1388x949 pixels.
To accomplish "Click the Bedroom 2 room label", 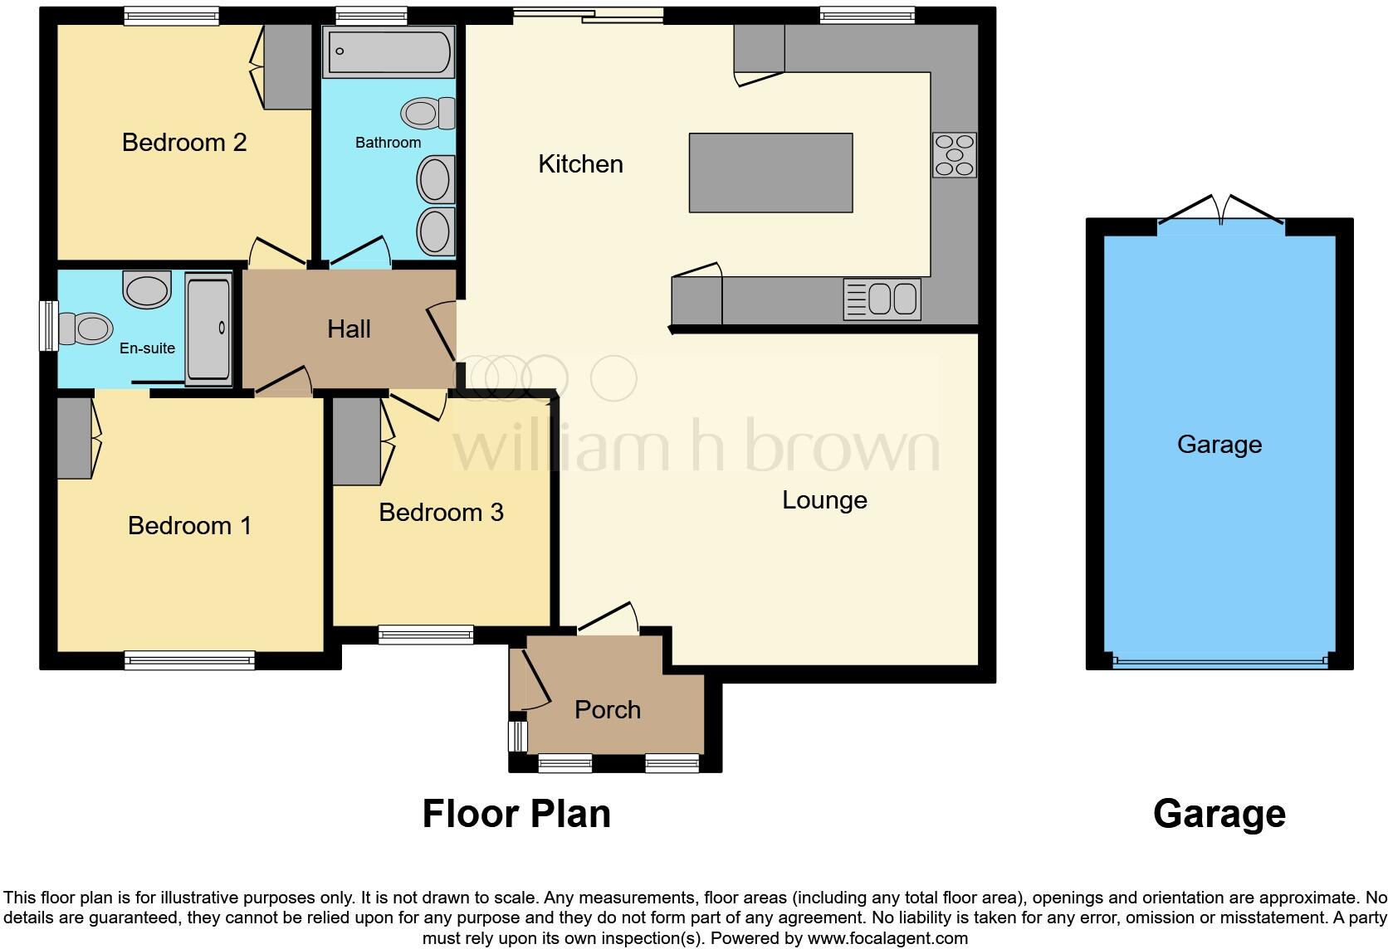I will click(184, 143).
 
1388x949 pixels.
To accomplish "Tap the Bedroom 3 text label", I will click(441, 513).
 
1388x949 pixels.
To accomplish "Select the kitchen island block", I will click(770, 173).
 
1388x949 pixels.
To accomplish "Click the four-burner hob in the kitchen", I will click(954, 155).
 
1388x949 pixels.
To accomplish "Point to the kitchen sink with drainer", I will click(882, 299).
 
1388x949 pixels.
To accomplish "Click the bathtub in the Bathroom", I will click(389, 51).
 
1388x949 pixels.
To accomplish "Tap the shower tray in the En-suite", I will click(208, 329).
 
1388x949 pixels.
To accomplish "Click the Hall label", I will click(349, 329).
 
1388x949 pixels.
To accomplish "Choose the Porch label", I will click(608, 710).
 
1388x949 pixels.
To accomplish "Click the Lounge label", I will click(824, 500).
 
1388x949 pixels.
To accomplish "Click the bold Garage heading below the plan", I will click(1219, 814).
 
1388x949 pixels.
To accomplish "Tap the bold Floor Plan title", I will click(516, 814).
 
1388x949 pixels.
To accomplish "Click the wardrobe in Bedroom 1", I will click(75, 438).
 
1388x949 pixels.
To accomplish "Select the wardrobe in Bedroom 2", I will click(287, 66).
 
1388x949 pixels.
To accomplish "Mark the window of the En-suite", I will click(49, 325).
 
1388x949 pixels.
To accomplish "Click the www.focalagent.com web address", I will click(887, 938).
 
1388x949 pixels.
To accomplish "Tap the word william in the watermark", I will click(560, 446).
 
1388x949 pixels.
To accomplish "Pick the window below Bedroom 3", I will click(426, 635).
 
